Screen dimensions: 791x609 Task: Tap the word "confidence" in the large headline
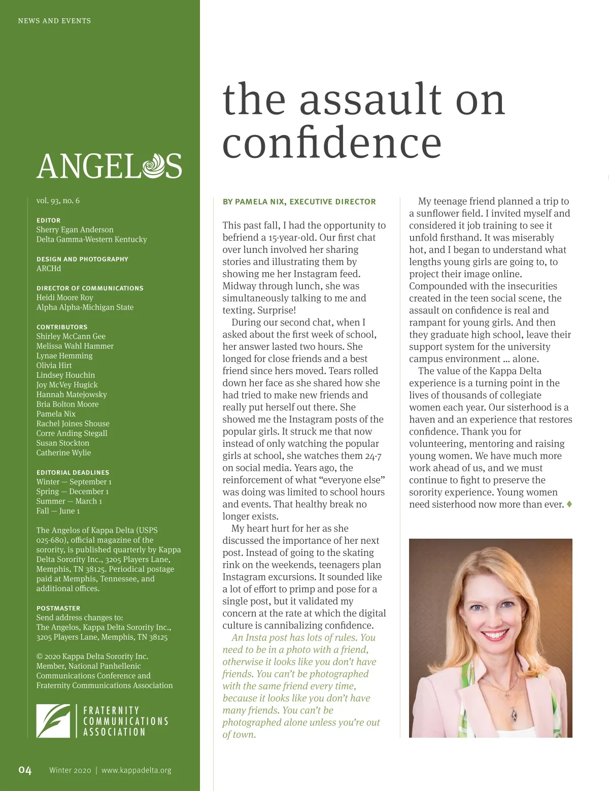pyautogui.click(x=332, y=144)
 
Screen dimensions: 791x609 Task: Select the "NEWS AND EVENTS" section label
pyautogui.click(x=54, y=21)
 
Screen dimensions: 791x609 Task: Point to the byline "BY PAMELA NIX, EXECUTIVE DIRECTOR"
pyautogui.click(x=299, y=202)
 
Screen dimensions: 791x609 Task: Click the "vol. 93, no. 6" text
pyautogui.click(x=58, y=201)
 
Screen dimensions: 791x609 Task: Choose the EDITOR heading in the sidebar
pyautogui.click(x=48, y=220)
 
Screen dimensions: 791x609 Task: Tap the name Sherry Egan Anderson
pyautogui.click(x=75, y=229)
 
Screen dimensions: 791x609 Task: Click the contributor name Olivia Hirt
pyautogui.click(x=54, y=365)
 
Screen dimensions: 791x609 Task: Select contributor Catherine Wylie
pyautogui.click(x=63, y=452)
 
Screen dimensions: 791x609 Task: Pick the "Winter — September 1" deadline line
pyautogui.click(x=74, y=481)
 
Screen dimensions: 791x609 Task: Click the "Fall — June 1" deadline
pyautogui.click(x=58, y=511)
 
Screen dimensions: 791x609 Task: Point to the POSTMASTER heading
pyautogui.click(x=58, y=608)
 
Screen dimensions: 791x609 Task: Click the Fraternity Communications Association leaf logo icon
pyautogui.click(x=53, y=720)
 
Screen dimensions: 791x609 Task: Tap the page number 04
pyautogui.click(x=25, y=770)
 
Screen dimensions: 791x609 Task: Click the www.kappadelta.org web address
pyautogui.click(x=137, y=770)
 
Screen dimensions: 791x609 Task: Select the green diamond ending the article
pyautogui.click(x=569, y=504)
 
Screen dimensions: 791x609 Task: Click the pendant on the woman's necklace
pyautogui.click(x=514, y=715)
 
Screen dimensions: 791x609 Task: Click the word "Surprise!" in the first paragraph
pyautogui.click(x=277, y=310)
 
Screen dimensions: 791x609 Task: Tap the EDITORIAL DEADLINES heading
pyautogui.click(x=73, y=472)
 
